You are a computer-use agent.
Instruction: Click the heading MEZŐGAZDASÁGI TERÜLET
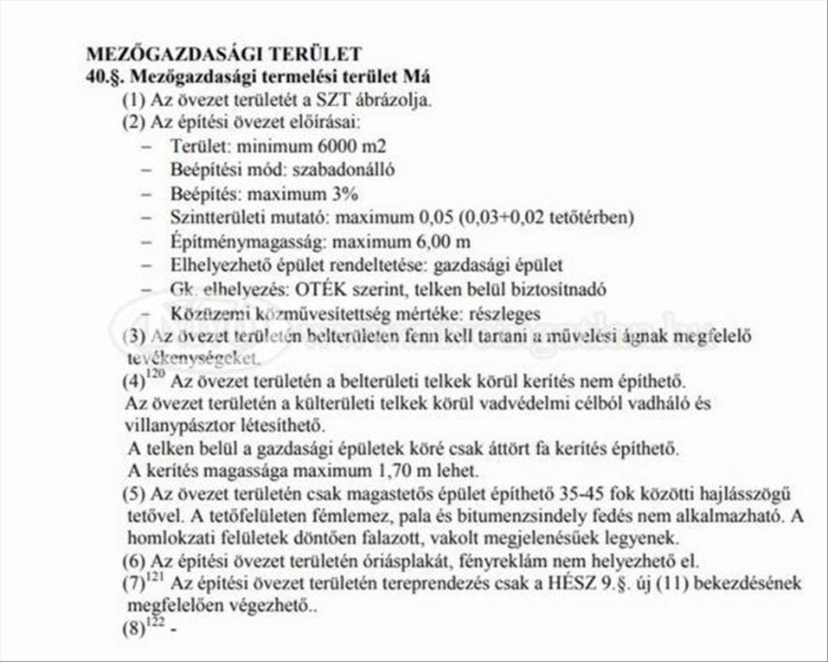point(224,54)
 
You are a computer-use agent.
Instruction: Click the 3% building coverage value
point(345,194)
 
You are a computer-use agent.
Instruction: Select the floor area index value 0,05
point(432,217)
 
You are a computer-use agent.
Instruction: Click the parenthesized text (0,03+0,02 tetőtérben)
point(544,217)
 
